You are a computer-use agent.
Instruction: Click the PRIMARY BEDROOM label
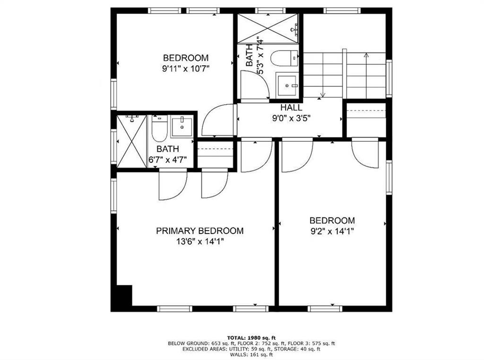pyautogui.click(x=199, y=231)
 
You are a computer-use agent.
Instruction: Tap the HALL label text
pyautogui.click(x=291, y=108)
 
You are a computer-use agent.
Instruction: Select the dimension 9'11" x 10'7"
pyautogui.click(x=186, y=68)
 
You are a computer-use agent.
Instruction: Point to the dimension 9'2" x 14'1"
pyautogui.click(x=332, y=231)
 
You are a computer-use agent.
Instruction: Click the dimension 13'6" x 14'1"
pyautogui.click(x=200, y=241)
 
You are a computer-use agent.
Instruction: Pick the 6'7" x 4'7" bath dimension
pyautogui.click(x=168, y=160)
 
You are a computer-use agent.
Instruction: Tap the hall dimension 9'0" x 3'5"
pyautogui.click(x=291, y=118)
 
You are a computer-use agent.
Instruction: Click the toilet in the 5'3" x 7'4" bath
pyautogui.click(x=284, y=58)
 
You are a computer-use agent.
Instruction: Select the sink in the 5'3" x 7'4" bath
pyautogui.click(x=287, y=85)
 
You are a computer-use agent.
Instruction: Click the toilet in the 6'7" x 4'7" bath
pyautogui.click(x=159, y=129)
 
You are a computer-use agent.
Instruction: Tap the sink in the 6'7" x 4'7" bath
pyautogui.click(x=182, y=127)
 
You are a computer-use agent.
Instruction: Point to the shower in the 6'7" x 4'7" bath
pyautogui.click(x=132, y=141)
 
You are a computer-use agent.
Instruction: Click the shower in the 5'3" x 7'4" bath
pyautogui.click(x=268, y=28)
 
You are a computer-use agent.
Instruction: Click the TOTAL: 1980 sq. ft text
pyautogui.click(x=251, y=337)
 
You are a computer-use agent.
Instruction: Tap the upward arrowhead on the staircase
pyautogui.click(x=366, y=55)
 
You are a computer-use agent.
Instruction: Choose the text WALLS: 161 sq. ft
pyautogui.click(x=251, y=355)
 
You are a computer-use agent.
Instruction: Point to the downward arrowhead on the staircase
pyautogui.click(x=322, y=95)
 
